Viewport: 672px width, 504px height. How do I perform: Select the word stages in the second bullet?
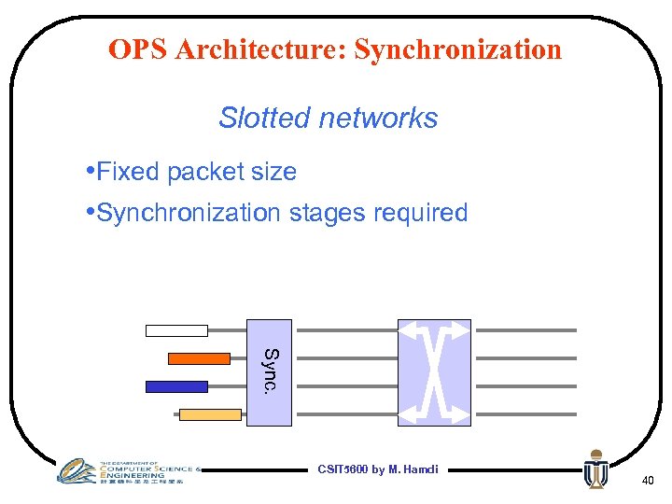point(327,213)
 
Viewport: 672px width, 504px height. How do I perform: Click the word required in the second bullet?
point(420,213)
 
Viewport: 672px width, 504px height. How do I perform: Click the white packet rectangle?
point(176,329)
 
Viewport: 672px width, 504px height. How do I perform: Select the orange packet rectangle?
point(199,357)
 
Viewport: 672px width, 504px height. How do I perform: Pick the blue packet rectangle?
point(176,385)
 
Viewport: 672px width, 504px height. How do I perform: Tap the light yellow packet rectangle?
point(210,414)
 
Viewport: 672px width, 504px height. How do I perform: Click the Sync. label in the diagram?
point(269,371)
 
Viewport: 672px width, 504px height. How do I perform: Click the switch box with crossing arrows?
point(434,371)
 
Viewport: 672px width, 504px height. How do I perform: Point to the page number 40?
point(648,480)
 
